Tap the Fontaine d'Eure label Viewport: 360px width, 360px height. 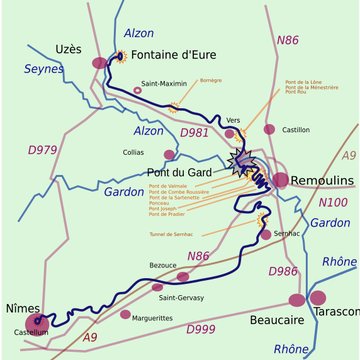(x=175, y=56)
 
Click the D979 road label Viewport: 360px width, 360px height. (x=42, y=150)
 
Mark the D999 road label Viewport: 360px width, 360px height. (x=201, y=329)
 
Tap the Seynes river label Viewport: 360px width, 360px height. (x=42, y=69)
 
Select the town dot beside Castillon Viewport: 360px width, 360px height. (x=269, y=129)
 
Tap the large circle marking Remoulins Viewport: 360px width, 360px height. (x=280, y=180)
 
